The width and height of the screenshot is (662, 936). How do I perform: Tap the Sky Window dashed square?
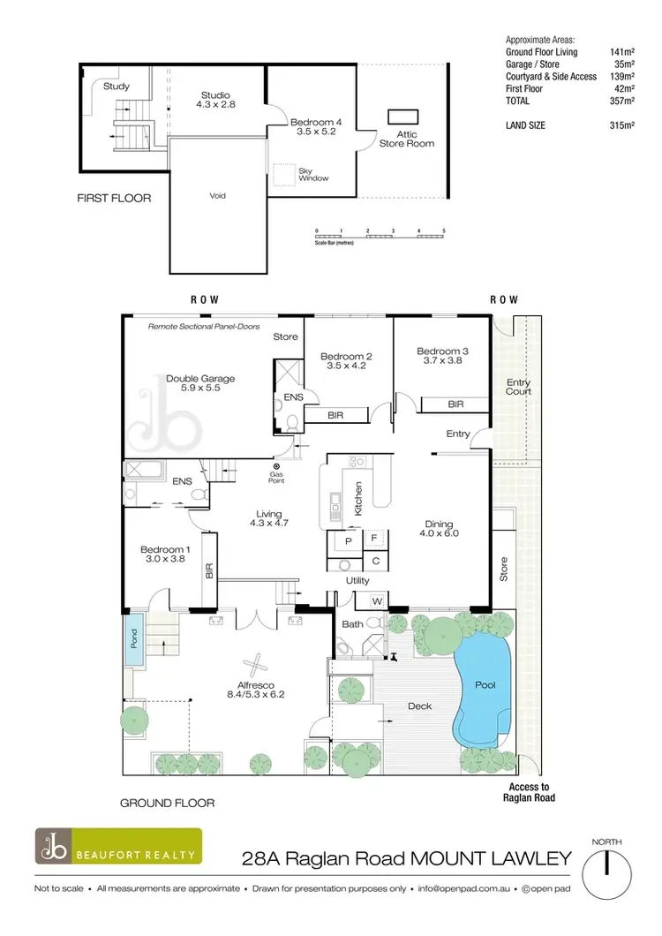click(283, 174)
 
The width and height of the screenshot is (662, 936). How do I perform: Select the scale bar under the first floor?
click(380, 235)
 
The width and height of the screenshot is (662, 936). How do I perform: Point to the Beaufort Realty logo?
click(118, 845)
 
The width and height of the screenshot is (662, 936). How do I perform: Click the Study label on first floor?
click(116, 87)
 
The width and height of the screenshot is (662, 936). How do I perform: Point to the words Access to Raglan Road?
click(529, 791)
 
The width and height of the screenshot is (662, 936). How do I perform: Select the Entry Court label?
click(518, 388)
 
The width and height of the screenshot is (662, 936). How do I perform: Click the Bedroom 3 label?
click(442, 351)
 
